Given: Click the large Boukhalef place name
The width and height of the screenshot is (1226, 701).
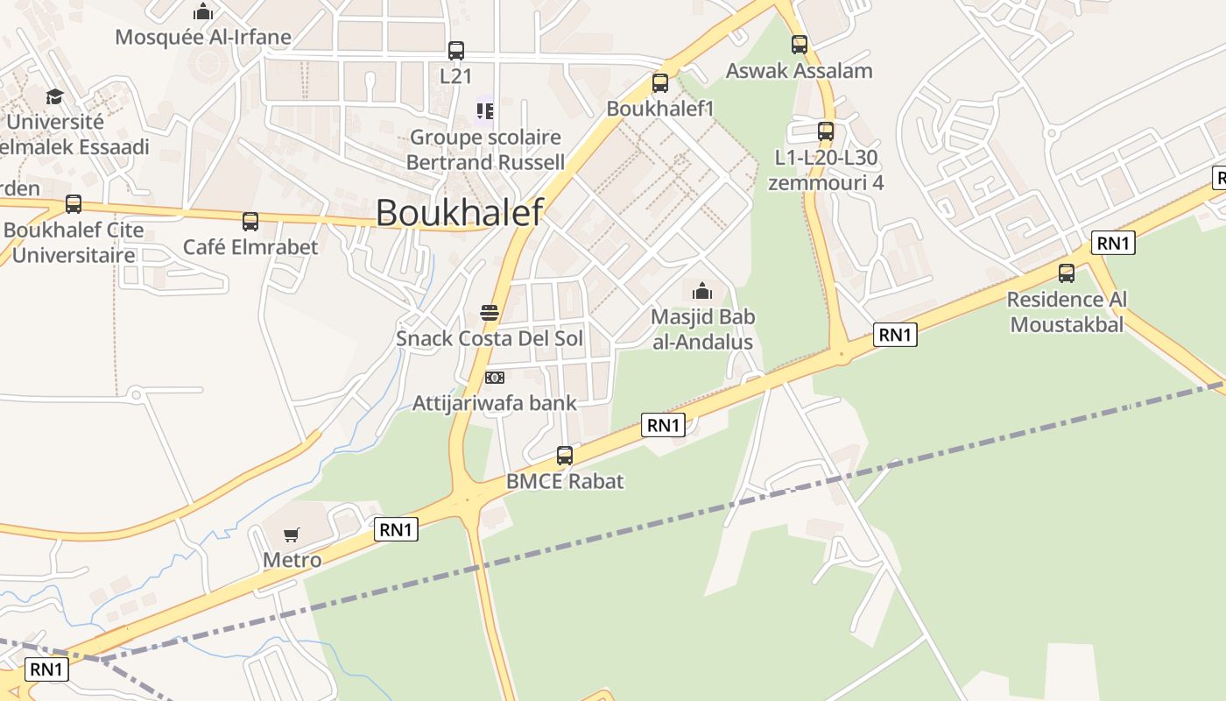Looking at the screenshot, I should [459, 213].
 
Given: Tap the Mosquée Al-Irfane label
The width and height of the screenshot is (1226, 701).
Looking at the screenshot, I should [203, 37].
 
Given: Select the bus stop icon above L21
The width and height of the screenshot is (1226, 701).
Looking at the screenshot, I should [455, 51].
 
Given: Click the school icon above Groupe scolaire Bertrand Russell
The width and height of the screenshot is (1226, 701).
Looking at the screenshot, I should [484, 111].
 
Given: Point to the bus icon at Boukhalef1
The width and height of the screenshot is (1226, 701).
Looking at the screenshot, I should [660, 83].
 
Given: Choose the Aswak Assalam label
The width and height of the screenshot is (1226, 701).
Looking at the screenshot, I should [799, 71].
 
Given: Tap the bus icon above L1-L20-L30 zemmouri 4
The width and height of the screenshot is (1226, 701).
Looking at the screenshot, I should [825, 131].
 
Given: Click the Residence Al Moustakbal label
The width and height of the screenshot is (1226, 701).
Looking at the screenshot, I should [1067, 312].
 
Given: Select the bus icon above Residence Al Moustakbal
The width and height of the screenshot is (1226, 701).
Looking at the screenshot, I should [1066, 273].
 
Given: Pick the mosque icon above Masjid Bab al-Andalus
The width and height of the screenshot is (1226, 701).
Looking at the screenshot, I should [702, 291].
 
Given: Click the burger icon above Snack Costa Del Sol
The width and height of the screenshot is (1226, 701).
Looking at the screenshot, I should [490, 313].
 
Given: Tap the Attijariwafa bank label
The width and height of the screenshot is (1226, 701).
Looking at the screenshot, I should [495, 403].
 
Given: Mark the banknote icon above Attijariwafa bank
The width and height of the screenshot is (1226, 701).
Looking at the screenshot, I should [495, 378].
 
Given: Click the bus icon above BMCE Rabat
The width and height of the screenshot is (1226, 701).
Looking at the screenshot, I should [565, 456].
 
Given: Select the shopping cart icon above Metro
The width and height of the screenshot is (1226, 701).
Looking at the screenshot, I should [292, 535].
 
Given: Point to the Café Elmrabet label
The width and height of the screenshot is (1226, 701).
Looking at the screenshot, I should [250, 247].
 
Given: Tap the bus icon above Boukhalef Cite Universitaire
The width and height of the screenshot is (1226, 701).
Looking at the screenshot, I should [74, 204].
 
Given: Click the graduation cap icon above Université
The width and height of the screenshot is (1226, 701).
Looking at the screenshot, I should [55, 96].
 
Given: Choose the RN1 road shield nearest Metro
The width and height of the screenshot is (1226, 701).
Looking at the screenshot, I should [396, 529].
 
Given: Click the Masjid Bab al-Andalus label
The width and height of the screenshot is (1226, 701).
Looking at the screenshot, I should [702, 329].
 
